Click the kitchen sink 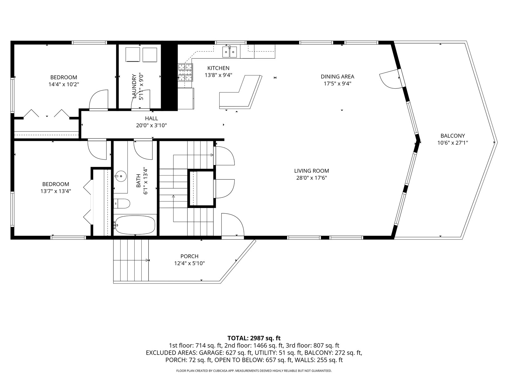230,52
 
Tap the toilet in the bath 122,204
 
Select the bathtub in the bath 135,225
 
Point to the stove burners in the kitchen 185,72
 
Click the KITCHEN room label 218,68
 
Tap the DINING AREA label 338,77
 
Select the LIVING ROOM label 311,171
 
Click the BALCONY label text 452,136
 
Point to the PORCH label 189,256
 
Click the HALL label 151,118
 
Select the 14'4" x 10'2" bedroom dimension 63,84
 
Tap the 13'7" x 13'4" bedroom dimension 56,191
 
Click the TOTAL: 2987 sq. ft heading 254,338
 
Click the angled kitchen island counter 241,92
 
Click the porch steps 131,260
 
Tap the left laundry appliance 133,55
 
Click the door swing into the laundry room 141,99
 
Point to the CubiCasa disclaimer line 254,371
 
